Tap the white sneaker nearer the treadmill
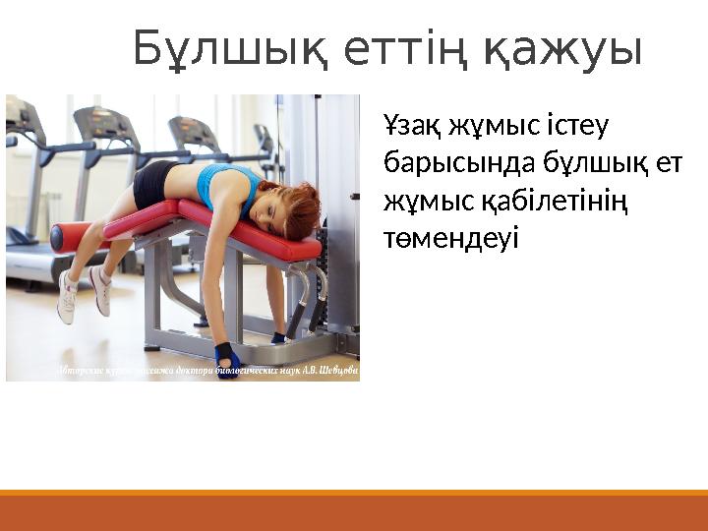(x=67, y=297)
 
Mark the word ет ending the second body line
(x=669, y=163)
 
